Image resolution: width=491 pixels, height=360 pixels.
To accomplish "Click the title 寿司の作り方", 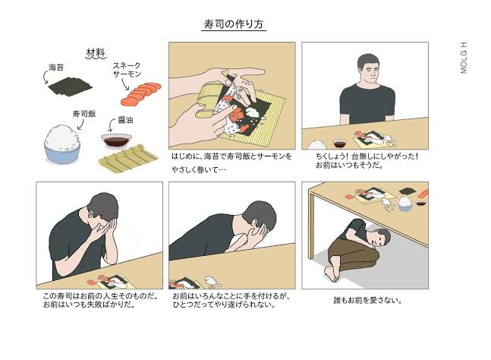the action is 233,24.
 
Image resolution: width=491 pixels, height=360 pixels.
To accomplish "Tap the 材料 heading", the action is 96,53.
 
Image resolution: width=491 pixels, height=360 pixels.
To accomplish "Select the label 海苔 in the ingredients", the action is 56,68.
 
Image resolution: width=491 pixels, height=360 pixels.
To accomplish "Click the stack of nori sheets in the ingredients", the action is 70,86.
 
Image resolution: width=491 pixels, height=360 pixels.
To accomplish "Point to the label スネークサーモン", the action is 127,70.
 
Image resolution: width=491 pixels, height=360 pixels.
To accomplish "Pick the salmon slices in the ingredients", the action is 141,93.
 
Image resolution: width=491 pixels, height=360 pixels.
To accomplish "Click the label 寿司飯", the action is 84,114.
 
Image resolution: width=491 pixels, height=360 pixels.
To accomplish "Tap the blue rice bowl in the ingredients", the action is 62,144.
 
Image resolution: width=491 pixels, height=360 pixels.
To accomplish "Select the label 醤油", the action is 125,120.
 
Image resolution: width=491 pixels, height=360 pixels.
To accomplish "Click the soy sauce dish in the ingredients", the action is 116,141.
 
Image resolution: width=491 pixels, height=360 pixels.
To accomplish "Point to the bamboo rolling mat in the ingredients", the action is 128,159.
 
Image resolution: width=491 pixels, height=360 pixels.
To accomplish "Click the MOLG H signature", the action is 464,58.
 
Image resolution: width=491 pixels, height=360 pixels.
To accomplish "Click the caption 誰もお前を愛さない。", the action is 368,301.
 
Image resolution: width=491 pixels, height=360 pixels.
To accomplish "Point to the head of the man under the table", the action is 379,238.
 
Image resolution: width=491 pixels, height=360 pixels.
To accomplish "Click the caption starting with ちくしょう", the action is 367,160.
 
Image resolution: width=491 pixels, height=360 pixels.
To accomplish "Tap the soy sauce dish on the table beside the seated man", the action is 339,144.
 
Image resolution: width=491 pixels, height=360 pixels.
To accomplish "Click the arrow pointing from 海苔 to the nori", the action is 45,76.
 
